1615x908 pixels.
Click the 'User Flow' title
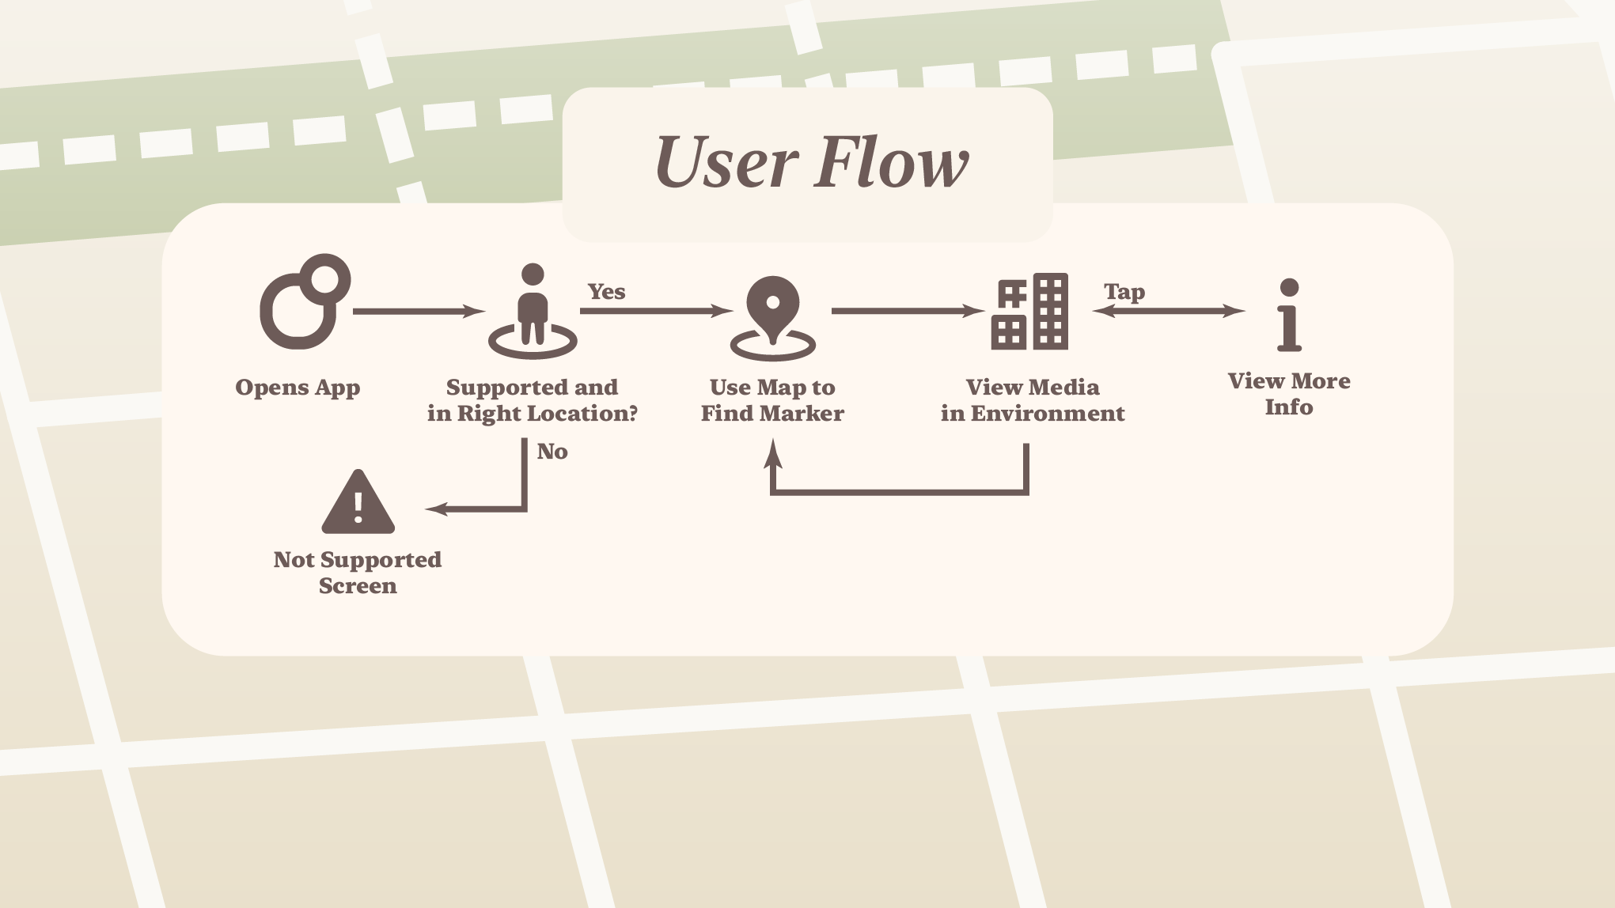click(811, 163)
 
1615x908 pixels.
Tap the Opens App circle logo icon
click(304, 302)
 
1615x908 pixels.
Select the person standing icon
click(533, 312)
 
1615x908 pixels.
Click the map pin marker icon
click(772, 316)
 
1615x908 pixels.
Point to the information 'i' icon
click(1289, 315)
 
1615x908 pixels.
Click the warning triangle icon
click(358, 503)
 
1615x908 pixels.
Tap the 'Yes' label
click(606, 292)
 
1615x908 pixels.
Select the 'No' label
click(552, 452)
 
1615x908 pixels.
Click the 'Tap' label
click(1124, 292)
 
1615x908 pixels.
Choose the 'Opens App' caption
click(298, 388)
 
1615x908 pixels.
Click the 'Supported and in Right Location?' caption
click(533, 400)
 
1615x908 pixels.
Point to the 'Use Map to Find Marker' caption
click(772, 400)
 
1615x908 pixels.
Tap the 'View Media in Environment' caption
click(1033, 400)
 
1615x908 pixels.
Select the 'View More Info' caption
click(1289, 394)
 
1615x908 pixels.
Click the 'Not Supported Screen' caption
click(358, 573)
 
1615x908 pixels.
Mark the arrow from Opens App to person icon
click(419, 312)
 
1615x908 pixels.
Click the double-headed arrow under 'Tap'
click(1169, 312)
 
